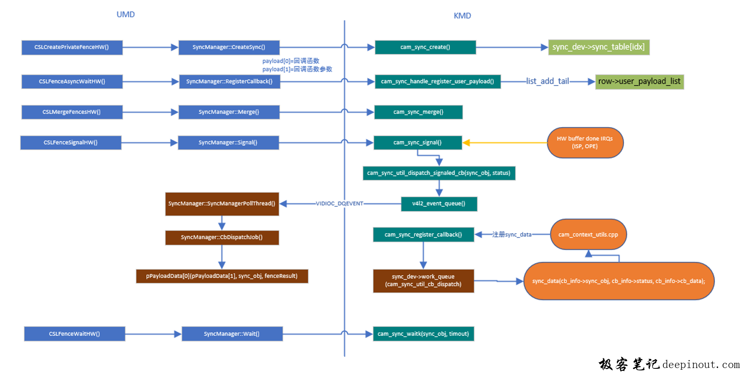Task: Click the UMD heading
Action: pos(125,14)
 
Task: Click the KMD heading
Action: pos(462,16)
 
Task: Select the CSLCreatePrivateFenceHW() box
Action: pos(72,47)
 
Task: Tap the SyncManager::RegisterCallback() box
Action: pos(229,82)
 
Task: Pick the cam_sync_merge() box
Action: pos(418,112)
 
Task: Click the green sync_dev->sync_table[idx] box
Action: pos(599,47)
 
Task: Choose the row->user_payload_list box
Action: pos(639,82)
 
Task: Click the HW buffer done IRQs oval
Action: pos(585,143)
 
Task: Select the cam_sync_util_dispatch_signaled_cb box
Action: pos(439,173)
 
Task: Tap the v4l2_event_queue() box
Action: pos(439,204)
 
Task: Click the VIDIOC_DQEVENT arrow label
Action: pos(339,204)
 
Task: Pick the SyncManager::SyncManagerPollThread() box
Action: pos(222,204)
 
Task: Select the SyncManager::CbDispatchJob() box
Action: pos(222,237)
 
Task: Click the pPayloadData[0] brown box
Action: pos(222,276)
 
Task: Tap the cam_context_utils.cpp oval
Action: pos(588,235)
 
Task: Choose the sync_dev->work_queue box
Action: pos(423,281)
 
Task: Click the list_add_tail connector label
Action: pos(547,81)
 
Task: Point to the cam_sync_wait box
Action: pos(423,334)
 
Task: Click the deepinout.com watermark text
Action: pos(701,364)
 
